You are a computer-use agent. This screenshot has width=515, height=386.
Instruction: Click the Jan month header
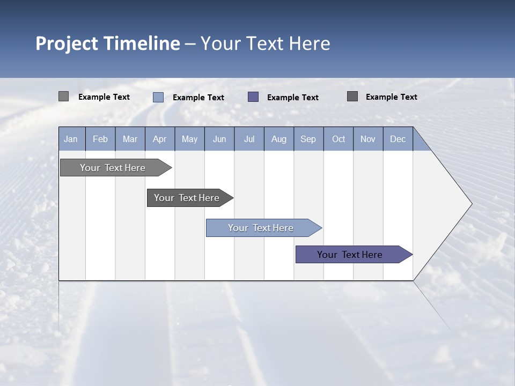click(x=71, y=139)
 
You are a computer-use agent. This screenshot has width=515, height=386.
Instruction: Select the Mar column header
click(x=130, y=139)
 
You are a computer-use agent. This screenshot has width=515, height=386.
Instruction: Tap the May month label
click(x=189, y=139)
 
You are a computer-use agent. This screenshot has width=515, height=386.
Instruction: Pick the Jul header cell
click(x=249, y=139)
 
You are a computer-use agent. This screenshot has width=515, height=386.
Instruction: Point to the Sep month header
click(x=308, y=139)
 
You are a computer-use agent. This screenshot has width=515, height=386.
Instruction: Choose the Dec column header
click(x=398, y=139)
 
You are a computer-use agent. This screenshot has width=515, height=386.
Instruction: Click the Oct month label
click(x=339, y=139)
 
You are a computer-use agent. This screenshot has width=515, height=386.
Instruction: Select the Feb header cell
click(x=100, y=139)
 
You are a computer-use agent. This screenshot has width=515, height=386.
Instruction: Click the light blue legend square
click(x=158, y=97)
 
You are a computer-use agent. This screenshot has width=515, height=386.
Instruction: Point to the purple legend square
click(x=253, y=97)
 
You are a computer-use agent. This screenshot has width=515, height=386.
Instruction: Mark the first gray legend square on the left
click(x=64, y=96)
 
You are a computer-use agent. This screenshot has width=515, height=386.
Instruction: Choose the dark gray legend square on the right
click(x=352, y=96)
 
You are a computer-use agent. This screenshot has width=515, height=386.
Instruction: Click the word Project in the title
click(x=67, y=43)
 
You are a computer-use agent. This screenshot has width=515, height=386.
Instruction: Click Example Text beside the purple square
click(x=292, y=98)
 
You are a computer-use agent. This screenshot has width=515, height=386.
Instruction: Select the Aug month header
click(x=278, y=139)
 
